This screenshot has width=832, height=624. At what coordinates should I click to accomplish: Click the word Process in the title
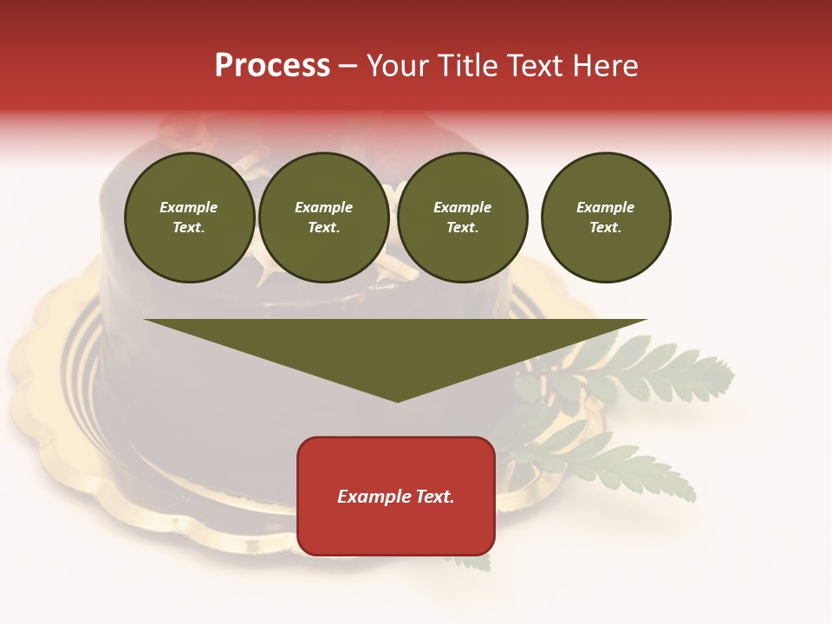point(272,66)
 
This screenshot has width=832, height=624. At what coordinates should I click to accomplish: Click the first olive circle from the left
point(190,218)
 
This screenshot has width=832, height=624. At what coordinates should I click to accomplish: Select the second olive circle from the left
point(324,218)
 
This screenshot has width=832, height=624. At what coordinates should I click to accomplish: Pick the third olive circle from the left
point(463,218)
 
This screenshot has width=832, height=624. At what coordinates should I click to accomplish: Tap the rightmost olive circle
point(606,218)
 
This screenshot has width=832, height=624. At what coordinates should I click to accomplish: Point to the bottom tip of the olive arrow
point(397,400)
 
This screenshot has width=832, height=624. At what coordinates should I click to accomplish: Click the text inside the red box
point(396,497)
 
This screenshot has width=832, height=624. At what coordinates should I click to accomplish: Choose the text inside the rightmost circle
point(606,218)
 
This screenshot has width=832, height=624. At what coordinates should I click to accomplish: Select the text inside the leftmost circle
point(189,218)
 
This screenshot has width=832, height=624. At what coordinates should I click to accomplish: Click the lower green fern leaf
point(624,468)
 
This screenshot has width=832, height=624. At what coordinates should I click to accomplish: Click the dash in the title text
point(348,67)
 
